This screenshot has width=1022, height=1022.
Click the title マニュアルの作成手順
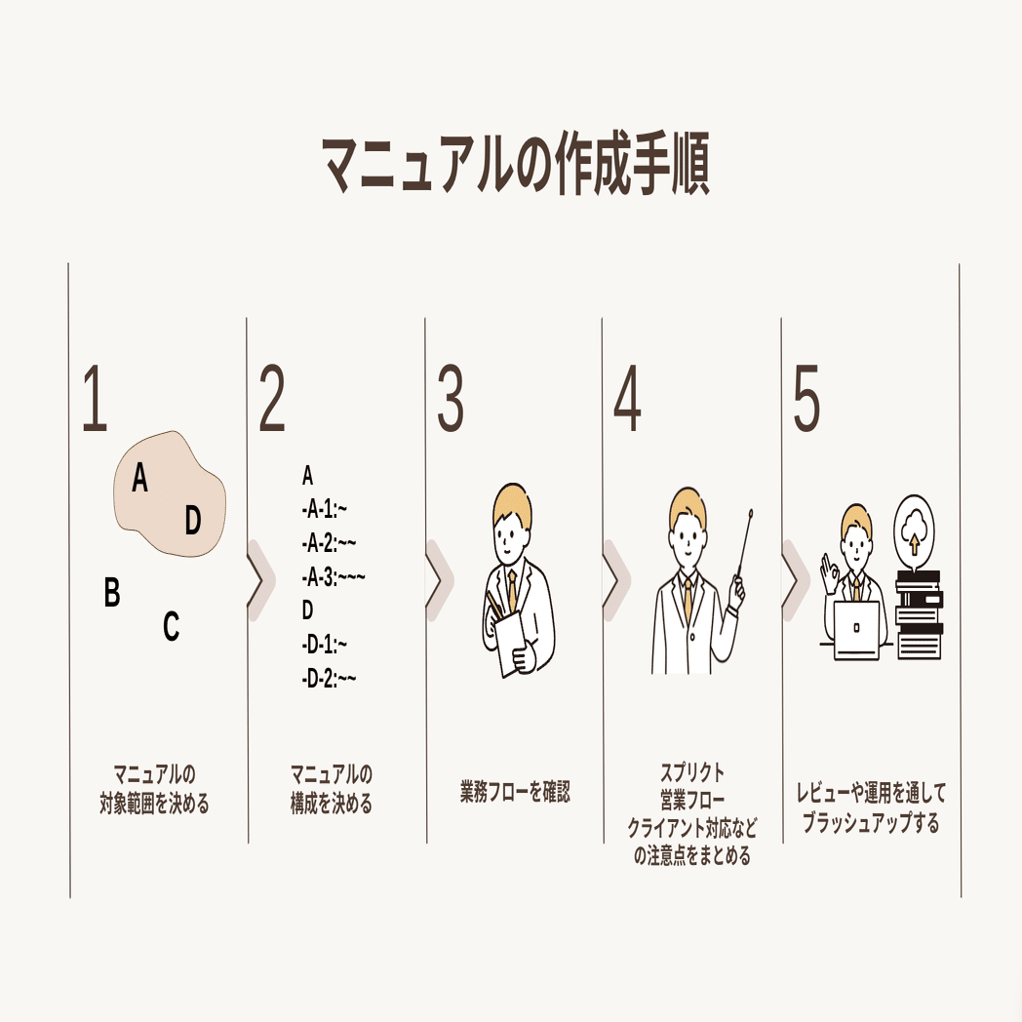click(516, 165)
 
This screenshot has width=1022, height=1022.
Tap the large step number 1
click(95, 398)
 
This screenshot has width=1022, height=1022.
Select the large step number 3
click(450, 398)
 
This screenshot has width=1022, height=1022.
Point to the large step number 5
click(806, 398)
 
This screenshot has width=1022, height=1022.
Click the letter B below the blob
click(112, 593)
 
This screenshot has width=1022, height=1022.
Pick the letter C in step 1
click(171, 626)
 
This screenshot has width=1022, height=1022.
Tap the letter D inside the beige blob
click(192, 520)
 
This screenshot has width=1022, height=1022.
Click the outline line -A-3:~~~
click(334, 577)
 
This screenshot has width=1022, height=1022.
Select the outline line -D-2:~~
click(329, 679)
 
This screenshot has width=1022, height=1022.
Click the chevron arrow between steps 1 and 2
click(260, 580)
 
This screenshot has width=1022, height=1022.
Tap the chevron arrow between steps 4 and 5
click(795, 580)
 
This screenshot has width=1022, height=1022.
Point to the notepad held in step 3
click(511, 642)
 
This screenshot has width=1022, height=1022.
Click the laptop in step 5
click(856, 630)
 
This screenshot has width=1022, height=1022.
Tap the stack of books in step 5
click(919, 615)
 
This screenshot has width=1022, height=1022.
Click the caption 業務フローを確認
click(515, 792)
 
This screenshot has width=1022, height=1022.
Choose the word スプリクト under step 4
click(692, 772)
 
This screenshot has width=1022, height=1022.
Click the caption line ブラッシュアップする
click(871, 822)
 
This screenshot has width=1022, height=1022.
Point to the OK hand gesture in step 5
click(829, 573)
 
